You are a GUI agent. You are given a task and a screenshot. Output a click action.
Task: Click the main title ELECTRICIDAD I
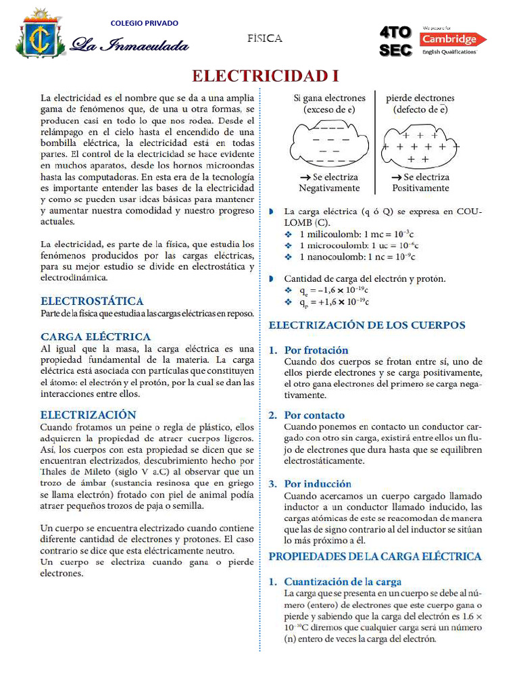(x=265, y=74)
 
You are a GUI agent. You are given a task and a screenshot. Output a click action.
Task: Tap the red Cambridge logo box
(x=453, y=39)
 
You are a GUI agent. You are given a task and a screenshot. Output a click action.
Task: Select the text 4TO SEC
(x=395, y=42)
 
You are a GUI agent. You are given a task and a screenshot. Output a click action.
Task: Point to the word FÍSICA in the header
(x=264, y=39)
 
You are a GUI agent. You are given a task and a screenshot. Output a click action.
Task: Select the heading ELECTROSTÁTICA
(x=92, y=301)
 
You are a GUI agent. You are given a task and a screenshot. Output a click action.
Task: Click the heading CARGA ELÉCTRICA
(x=95, y=336)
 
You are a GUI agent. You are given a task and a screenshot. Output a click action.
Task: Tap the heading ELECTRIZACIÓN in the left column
(x=88, y=414)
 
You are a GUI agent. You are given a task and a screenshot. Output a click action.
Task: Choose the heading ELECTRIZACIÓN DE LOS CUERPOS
(x=367, y=325)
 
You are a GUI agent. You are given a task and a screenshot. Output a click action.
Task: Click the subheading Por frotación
(x=316, y=350)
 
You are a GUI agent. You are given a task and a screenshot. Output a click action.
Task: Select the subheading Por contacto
(x=314, y=415)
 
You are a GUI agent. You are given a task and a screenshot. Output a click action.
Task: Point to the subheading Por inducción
(x=318, y=483)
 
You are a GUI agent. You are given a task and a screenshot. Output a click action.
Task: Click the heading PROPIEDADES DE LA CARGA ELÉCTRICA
(x=375, y=556)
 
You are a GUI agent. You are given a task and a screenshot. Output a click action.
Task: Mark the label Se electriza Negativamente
(x=329, y=182)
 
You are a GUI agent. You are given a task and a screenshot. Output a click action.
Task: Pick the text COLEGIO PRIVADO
(x=145, y=23)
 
